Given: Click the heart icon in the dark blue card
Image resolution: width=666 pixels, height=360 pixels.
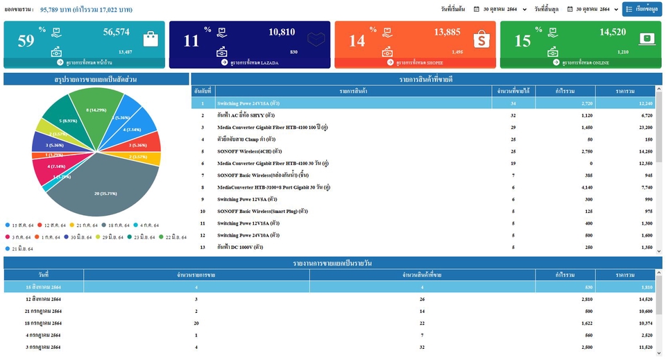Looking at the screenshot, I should tap(316, 40).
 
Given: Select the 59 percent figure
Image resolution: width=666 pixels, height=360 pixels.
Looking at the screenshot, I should tap(26, 41).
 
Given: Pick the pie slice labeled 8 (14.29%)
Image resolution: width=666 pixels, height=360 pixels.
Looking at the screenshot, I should tap(96, 110).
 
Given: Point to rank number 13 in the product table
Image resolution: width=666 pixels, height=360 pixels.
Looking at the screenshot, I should tap(203, 247).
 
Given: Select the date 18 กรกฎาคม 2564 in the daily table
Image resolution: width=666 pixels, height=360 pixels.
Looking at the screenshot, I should tap(43, 323).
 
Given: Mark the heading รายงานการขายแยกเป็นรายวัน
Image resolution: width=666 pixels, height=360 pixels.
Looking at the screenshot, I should tap(333, 262).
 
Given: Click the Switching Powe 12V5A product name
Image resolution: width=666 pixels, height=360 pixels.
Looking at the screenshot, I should tap(248, 199).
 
